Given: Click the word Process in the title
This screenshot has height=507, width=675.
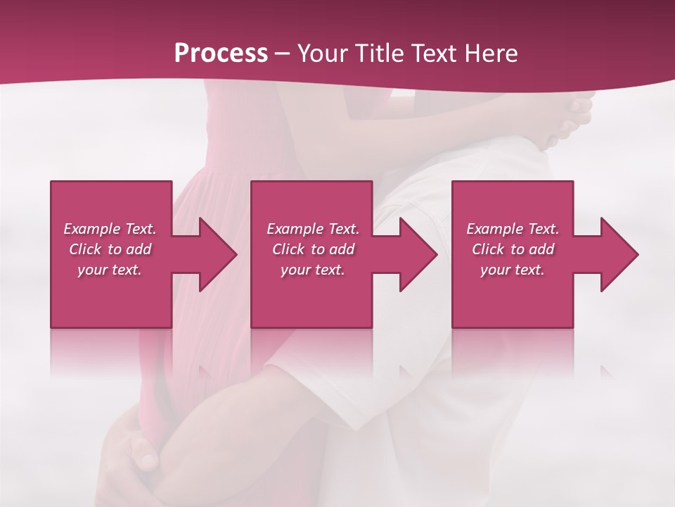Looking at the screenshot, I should click(221, 54).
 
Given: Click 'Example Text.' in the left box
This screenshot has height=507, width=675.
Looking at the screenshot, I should click(110, 229).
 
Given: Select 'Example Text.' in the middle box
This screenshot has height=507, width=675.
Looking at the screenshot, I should click(313, 229).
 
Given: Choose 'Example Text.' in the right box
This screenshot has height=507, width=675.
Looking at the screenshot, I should click(513, 229).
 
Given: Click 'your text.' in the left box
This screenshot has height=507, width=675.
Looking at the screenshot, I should click(110, 270).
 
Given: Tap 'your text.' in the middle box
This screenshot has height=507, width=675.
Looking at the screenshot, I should click(313, 270).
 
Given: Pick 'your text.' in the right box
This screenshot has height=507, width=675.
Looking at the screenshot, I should click(513, 270).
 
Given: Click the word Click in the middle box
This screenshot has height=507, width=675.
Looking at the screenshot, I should click(288, 249).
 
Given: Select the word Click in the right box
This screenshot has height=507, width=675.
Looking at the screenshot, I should click(488, 249).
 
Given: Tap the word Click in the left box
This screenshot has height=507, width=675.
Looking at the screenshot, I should click(85, 249).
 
